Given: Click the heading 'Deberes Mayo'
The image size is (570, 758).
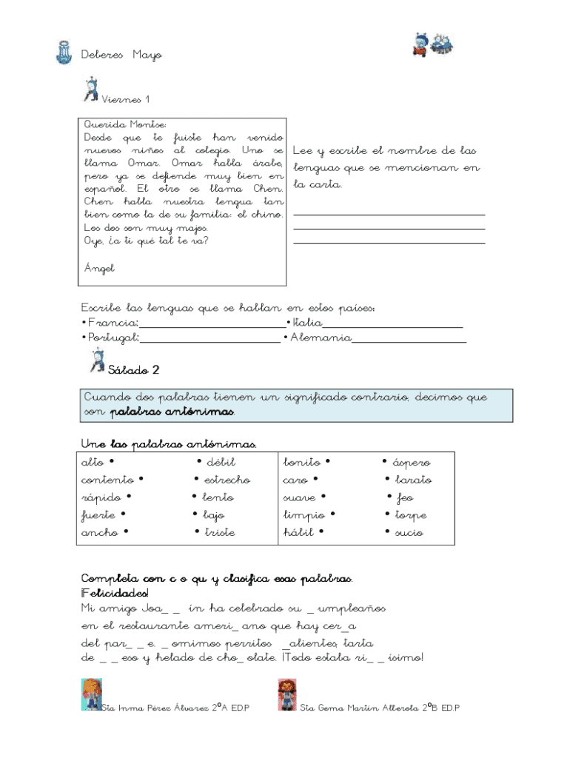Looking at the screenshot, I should point(121,55).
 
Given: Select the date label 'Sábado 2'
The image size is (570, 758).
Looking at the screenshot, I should point(133,369).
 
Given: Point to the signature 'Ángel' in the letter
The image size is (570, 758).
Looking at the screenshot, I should point(99,268).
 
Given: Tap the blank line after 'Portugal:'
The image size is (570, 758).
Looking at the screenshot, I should point(210,339).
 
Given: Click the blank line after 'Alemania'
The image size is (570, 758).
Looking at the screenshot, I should point(409,339).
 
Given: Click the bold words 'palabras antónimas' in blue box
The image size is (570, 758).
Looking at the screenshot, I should point(172,411).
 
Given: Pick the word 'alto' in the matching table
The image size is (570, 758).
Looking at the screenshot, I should point(93,462).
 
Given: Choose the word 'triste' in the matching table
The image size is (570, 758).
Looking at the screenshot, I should point(220,532).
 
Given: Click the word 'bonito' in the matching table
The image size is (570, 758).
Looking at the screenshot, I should point(303,462).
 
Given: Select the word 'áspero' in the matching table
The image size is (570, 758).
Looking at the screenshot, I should point(411,462).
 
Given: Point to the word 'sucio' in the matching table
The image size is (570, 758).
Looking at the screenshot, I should point(409,532).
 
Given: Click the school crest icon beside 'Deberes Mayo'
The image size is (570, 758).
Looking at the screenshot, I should point(63,53).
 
